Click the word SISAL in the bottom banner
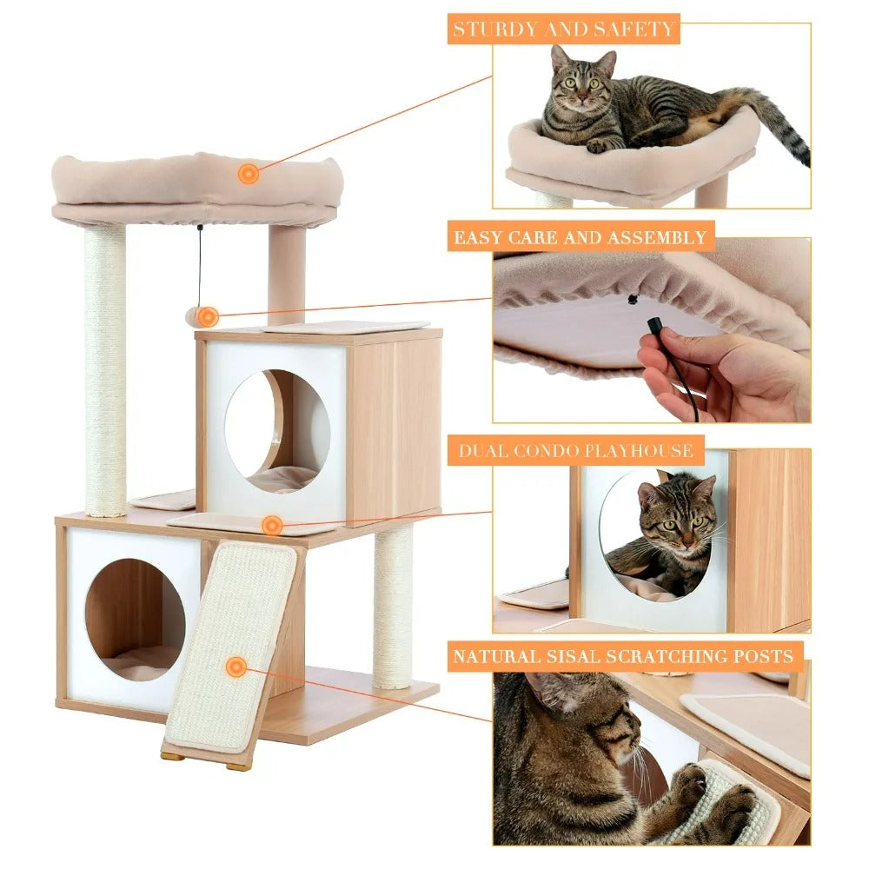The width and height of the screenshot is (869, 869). click(x=585, y=656)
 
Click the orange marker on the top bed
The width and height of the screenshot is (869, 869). click(x=249, y=174)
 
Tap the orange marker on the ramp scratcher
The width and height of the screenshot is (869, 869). click(x=235, y=667)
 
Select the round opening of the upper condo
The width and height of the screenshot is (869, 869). click(x=277, y=431)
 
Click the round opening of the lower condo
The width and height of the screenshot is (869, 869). click(x=135, y=619)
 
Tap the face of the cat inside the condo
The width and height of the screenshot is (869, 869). click(x=678, y=521)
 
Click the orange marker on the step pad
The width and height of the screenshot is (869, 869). click(x=272, y=525)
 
